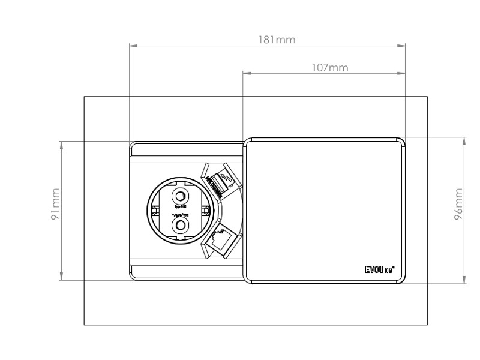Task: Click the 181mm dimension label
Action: tap(277, 40)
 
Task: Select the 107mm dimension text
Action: tap(330, 68)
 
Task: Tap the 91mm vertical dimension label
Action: tap(55, 205)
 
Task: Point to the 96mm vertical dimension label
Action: tap(458, 205)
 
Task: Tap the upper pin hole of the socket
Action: tap(179, 196)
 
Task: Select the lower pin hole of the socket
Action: tap(179, 225)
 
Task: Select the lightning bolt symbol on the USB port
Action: tap(226, 178)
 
